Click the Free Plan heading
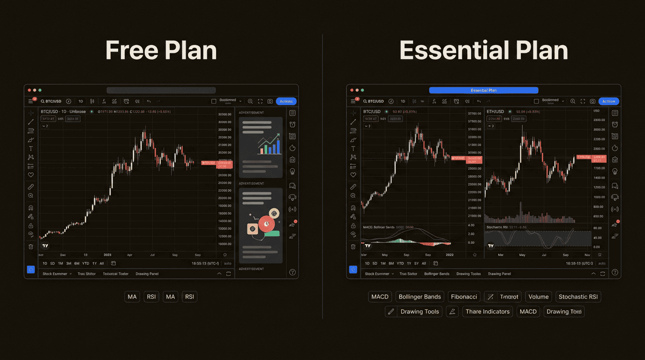point(161,50)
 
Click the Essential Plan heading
point(483,50)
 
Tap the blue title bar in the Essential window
point(483,90)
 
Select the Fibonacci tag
point(464,297)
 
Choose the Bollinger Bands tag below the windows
point(419,297)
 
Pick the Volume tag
point(539,297)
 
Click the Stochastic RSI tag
point(578,297)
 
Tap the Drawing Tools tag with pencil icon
point(413,312)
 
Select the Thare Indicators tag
point(487,312)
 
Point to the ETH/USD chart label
point(495,112)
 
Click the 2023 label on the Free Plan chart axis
point(108,255)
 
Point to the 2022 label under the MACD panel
point(450,255)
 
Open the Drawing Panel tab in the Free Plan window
point(147,274)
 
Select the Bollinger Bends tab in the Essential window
point(436,274)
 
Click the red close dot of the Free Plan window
point(29,90)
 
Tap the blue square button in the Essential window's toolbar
point(353,270)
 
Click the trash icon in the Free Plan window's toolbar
point(31,247)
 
